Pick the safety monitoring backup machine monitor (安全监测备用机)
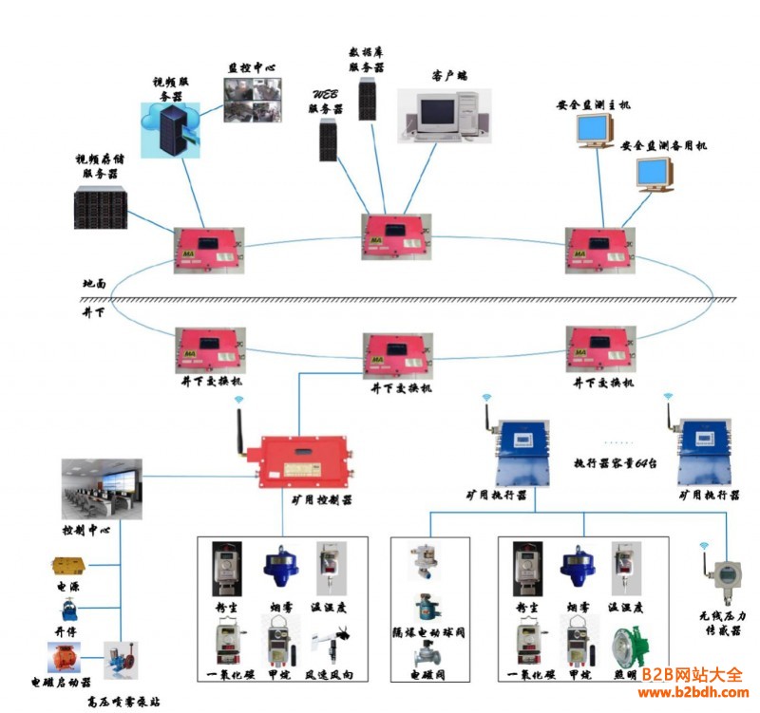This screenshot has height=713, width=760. coord(655,174)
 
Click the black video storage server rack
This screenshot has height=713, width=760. coord(101,208)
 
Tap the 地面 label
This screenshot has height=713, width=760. coord(94,283)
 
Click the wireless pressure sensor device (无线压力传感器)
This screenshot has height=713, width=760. coord(727,580)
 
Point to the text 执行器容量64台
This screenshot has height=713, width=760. coord(617,463)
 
